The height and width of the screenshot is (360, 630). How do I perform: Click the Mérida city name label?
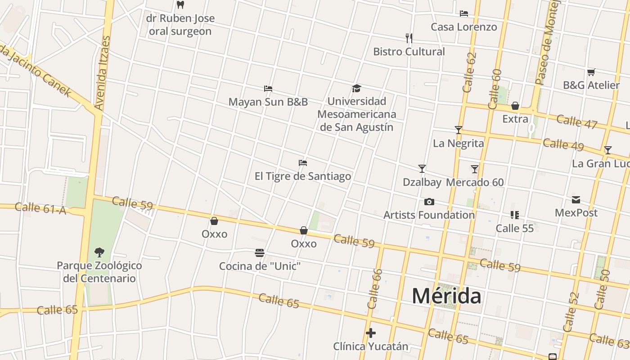[446, 296]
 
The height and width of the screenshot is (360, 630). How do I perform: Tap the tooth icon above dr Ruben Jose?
[180, 5]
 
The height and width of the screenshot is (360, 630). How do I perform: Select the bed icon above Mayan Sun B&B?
[268, 88]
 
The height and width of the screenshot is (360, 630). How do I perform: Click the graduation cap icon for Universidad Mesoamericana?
[356, 88]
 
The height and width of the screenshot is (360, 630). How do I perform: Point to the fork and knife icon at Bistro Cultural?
[409, 38]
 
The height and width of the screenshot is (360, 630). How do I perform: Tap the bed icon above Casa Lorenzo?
[464, 13]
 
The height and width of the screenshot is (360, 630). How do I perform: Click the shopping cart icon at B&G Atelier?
[591, 72]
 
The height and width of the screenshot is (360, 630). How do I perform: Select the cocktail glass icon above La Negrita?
[459, 130]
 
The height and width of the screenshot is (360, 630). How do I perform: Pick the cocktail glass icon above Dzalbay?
[422, 169]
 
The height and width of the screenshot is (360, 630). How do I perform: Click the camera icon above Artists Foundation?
[429, 202]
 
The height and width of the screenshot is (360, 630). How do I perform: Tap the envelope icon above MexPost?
[576, 199]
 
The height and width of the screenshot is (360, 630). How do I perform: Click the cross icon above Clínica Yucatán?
[371, 333]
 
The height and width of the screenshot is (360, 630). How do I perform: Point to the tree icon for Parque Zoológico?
[99, 252]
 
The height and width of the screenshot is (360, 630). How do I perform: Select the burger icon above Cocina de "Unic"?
[260, 253]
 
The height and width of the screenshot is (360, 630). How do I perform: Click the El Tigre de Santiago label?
[303, 176]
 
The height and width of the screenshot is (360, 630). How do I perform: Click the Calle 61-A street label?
[40, 208]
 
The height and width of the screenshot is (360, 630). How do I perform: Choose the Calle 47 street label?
[576, 121]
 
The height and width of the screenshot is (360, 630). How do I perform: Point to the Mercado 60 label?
[475, 182]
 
